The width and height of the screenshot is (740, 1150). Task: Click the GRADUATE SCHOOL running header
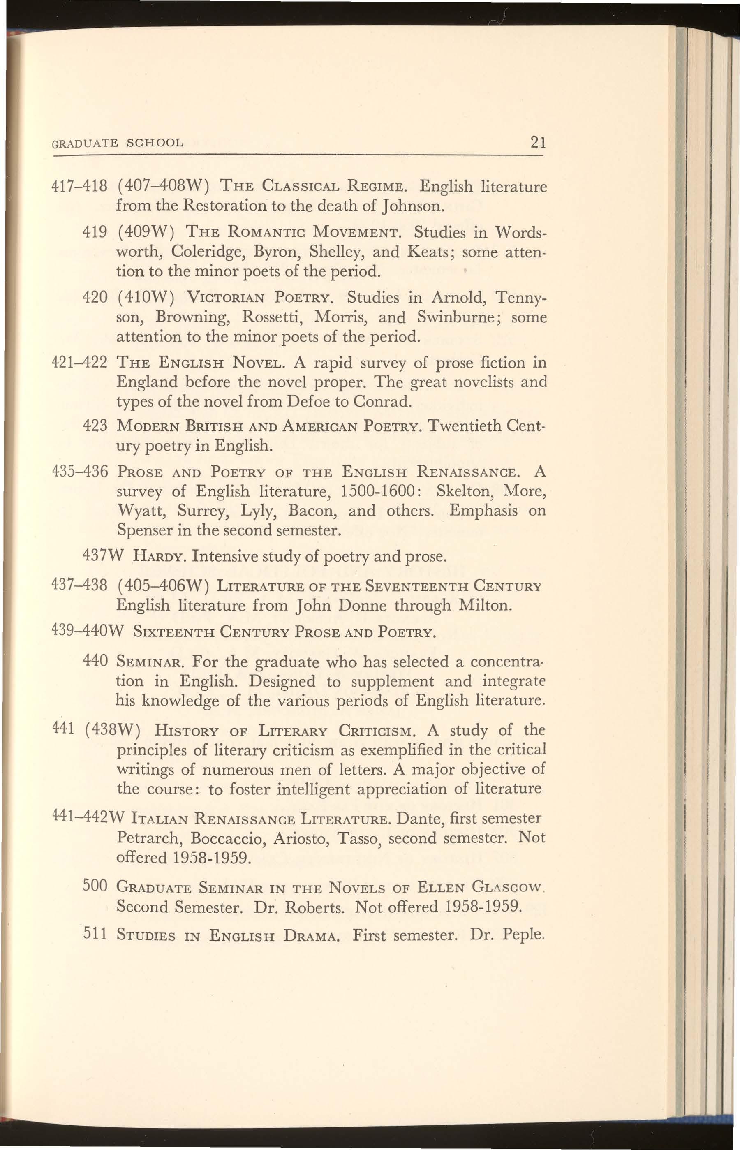(117, 143)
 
